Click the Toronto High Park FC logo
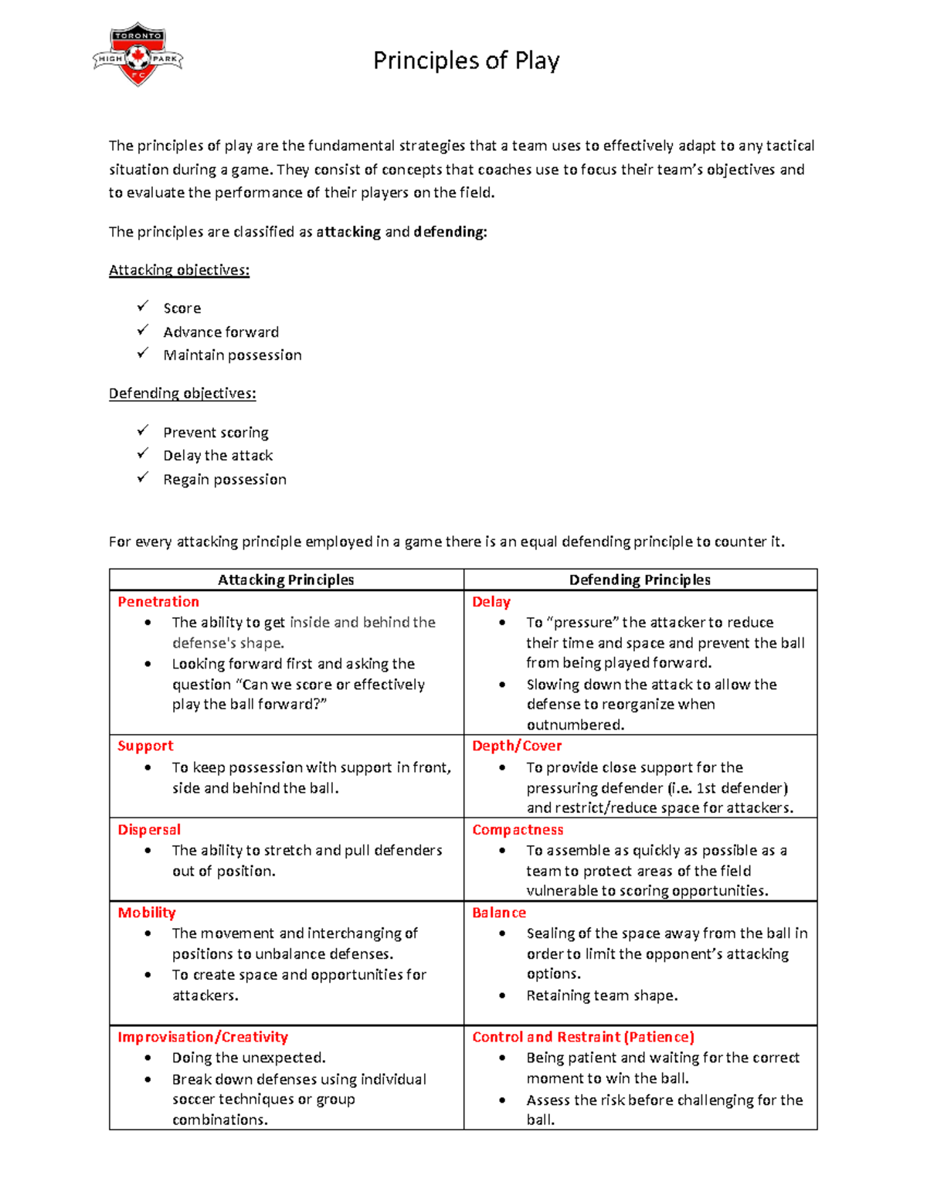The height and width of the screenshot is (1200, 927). click(x=138, y=54)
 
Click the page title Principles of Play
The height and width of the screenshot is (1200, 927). click(x=466, y=60)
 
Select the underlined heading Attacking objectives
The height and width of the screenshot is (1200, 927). click(x=178, y=270)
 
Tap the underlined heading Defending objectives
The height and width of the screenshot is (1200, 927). click(x=182, y=393)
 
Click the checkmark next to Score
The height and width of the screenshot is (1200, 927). click(x=143, y=307)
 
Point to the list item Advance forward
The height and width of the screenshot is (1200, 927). click(x=221, y=332)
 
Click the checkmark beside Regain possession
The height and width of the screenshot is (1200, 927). click(x=143, y=478)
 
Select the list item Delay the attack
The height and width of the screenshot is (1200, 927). click(x=218, y=456)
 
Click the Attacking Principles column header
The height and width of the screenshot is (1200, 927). click(x=286, y=580)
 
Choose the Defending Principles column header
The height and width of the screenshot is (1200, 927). click(x=640, y=580)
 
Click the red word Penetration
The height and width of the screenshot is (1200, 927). click(x=158, y=602)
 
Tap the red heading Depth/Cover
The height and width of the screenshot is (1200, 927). click(x=517, y=746)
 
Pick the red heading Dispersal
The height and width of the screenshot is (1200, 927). click(x=149, y=829)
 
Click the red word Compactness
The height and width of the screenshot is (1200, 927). click(x=518, y=829)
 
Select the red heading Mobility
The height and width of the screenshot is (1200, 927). click(x=147, y=913)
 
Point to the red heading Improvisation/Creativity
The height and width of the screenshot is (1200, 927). click(x=202, y=1037)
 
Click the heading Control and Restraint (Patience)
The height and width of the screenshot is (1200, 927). click(x=583, y=1037)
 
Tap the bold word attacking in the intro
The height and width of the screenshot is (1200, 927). click(x=348, y=232)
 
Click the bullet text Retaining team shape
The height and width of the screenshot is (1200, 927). click(x=602, y=995)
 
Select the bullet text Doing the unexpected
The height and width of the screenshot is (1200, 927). click(x=249, y=1058)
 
